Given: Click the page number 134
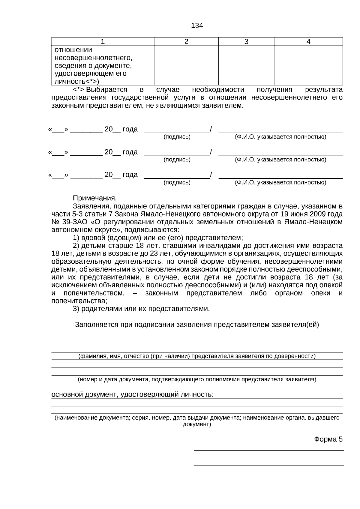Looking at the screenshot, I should point(197,26).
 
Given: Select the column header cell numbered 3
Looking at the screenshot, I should point(246,42).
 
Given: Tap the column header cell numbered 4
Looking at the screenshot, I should point(308,42).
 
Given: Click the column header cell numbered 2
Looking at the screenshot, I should point(186,42).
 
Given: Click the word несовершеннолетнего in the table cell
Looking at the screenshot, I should point(93,58).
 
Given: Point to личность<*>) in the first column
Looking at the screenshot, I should point(76,81).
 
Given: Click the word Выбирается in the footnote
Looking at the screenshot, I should point(106,90).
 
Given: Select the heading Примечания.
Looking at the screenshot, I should point(95,198).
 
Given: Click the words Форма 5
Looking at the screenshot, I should point(328,439).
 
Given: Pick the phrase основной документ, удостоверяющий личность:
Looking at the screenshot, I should point(132,394).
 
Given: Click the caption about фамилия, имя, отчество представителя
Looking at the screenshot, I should point(197,356).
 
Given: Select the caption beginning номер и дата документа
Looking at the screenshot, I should point(197,379).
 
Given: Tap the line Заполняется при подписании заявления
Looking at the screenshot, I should point(197,325).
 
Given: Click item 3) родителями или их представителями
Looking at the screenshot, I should point(141,309).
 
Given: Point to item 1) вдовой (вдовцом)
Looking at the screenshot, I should point(158,238).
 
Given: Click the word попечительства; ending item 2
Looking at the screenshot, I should point(79,301).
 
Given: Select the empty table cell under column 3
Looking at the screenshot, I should point(246,65).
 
